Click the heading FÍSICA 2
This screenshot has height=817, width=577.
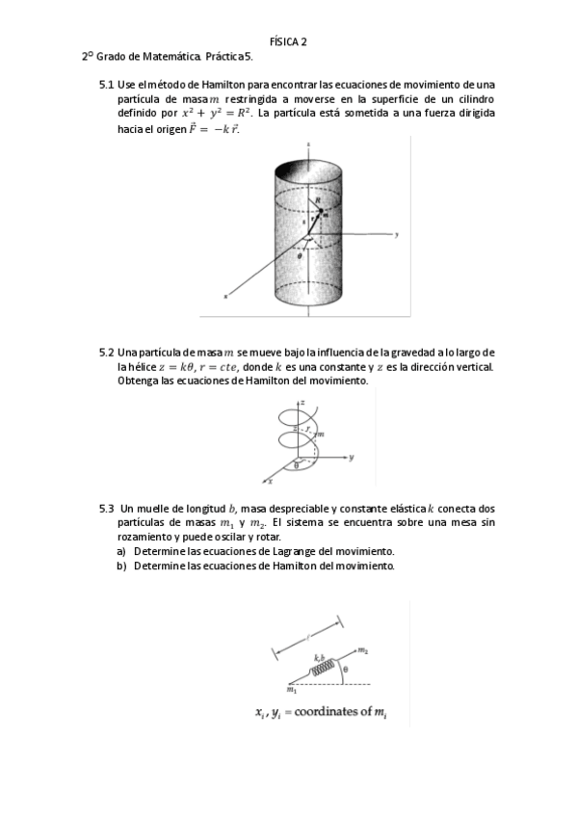(x=288, y=41)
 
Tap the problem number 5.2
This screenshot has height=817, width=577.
(x=107, y=353)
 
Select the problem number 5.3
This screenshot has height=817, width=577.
(x=107, y=508)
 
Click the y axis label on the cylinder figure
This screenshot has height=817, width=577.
(x=396, y=235)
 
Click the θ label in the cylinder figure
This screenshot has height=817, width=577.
(x=300, y=257)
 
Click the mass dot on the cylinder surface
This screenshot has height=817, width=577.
(x=325, y=214)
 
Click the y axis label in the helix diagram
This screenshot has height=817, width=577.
(x=353, y=456)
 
